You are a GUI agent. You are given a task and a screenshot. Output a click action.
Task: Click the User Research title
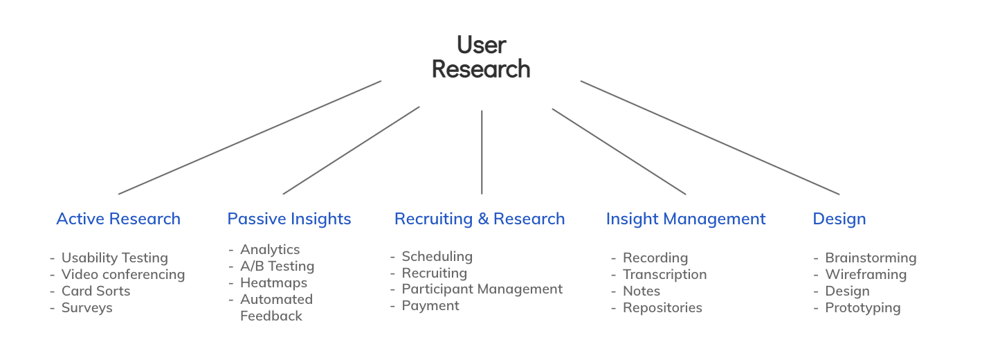[481, 57]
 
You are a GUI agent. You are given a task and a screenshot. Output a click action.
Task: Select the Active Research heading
[118, 219]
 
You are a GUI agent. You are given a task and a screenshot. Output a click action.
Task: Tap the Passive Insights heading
[289, 219]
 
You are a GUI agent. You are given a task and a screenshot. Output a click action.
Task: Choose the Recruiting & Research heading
[480, 219]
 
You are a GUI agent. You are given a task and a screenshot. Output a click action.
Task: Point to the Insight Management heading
[686, 219]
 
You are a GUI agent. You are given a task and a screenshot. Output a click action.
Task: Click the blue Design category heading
[839, 219]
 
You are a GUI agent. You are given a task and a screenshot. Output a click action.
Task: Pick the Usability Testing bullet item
[115, 258]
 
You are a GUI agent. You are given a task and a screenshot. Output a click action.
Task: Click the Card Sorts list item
[96, 291]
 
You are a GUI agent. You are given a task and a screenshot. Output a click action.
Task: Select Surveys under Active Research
[87, 307]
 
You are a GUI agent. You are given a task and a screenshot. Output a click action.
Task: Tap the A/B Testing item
[277, 266]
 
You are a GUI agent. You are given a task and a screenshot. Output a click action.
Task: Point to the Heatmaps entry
[273, 282]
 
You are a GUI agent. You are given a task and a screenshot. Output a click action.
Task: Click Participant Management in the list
[482, 289]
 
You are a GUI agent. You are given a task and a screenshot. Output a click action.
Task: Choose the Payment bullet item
[430, 305]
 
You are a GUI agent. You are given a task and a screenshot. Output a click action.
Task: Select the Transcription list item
[665, 274]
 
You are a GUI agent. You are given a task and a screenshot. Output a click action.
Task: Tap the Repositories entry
[662, 307]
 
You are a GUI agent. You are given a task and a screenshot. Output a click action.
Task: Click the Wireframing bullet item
[866, 274]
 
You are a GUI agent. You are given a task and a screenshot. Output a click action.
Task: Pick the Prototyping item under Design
[863, 307]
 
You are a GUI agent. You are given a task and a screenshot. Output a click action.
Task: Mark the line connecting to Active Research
[250, 137]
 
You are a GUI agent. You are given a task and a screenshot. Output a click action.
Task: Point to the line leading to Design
[709, 137]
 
